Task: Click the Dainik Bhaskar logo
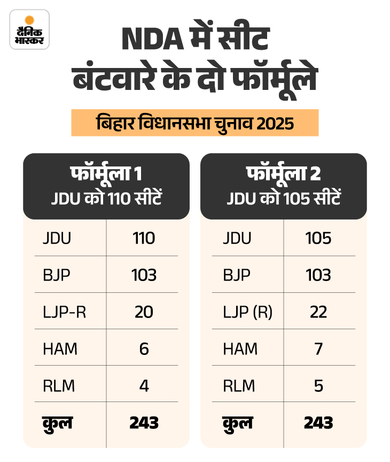29,29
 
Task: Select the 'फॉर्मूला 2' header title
283,175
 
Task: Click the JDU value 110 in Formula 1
143,238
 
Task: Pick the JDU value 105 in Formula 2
318,238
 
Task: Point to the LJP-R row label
64,312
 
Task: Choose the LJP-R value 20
143,312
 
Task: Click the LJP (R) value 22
318,312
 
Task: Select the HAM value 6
143,349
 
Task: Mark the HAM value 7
318,349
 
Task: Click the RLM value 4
143,385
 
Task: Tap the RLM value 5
318,385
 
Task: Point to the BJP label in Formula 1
57,275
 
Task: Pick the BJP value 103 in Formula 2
318,275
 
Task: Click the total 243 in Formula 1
144,422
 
